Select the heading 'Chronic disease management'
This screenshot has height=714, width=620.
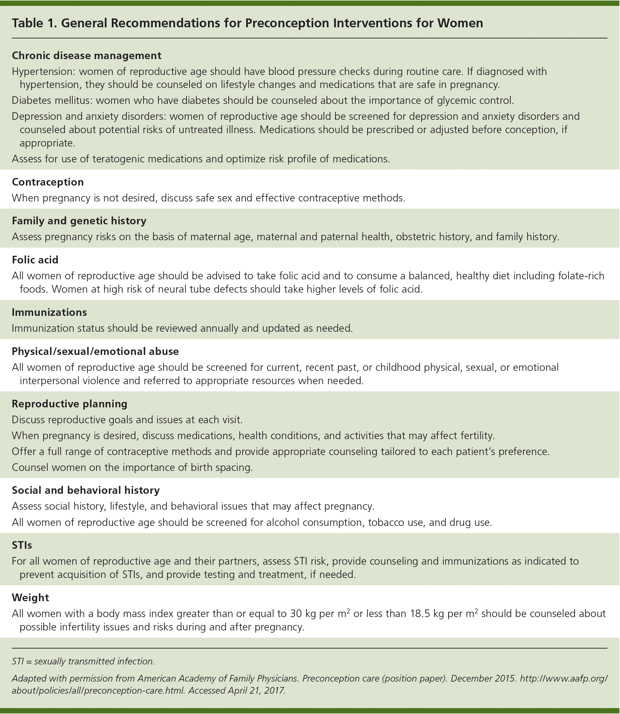86,55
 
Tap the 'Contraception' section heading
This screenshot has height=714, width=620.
48,182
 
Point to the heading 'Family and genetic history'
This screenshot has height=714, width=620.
79,221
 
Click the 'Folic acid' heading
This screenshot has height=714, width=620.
35,260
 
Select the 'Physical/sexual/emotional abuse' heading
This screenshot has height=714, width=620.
95,351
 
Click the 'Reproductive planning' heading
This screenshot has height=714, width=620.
70,404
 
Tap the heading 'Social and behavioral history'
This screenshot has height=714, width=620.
86,490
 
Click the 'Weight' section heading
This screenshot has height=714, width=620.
30,597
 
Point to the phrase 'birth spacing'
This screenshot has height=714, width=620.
221,467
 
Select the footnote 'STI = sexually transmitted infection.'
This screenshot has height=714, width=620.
83,661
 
